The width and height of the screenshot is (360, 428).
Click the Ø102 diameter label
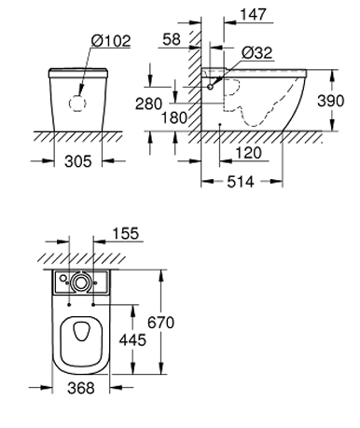[111, 41]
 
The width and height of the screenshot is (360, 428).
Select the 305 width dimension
[78, 161]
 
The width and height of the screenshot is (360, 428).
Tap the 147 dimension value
[254, 15]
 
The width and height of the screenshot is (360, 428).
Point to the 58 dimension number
[172, 39]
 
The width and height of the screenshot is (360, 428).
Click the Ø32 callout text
[257, 53]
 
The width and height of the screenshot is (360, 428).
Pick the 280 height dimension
[148, 104]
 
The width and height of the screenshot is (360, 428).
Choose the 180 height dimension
[174, 117]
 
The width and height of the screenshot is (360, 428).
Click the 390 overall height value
[331, 101]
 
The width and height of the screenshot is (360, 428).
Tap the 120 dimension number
[249, 153]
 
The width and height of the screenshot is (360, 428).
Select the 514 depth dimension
[241, 182]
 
